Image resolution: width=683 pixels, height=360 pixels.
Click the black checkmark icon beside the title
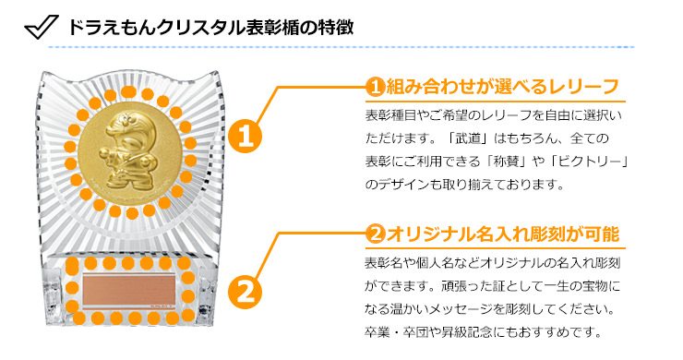tap(41, 27)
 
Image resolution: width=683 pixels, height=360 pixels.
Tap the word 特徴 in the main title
tap(334, 27)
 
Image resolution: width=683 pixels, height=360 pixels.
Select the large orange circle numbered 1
tap(246, 137)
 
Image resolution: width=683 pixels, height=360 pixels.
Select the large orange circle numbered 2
tap(246, 291)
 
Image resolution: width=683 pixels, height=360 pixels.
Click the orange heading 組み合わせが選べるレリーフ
tap(502, 87)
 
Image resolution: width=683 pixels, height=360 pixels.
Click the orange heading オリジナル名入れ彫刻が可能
tap(502, 234)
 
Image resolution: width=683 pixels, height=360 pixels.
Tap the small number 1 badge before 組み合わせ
tap(375, 87)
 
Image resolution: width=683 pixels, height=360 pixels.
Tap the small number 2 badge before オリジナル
tap(375, 234)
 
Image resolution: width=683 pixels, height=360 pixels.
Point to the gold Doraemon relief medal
tap(130, 151)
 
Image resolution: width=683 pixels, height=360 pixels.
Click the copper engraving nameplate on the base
tap(129, 290)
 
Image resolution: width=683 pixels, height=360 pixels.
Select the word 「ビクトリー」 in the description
tap(588, 162)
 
